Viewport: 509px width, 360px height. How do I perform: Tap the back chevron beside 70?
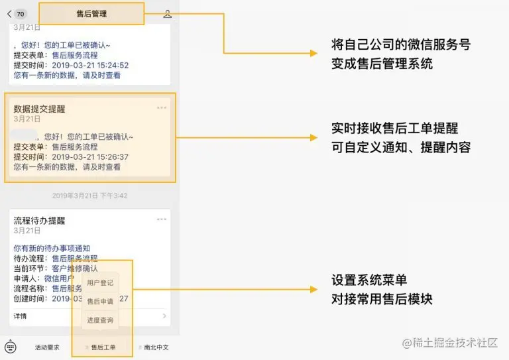9,13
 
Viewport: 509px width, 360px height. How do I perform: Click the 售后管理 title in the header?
91,13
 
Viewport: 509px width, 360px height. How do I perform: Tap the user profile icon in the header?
167,13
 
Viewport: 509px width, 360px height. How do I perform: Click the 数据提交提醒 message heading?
39,109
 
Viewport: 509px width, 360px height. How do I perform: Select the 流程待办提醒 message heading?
39,220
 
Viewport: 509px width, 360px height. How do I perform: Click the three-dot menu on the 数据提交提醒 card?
162,107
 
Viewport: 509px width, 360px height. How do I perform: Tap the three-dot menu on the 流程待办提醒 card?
162,219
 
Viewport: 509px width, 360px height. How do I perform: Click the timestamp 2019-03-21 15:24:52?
89,66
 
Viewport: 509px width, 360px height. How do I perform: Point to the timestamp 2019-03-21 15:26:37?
89,157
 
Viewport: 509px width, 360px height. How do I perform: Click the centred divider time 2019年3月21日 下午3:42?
90,196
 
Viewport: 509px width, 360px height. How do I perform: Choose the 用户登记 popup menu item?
100,283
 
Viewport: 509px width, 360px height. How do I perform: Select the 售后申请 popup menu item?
100,302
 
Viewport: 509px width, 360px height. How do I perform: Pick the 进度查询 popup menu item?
100,320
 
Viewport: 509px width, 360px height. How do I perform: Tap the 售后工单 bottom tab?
103,347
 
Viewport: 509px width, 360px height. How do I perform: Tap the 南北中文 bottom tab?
156,347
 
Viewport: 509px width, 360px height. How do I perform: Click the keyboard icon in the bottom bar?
10,347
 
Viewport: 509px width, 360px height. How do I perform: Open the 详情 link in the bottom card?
21,316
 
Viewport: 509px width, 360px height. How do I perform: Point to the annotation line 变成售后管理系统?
382,64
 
